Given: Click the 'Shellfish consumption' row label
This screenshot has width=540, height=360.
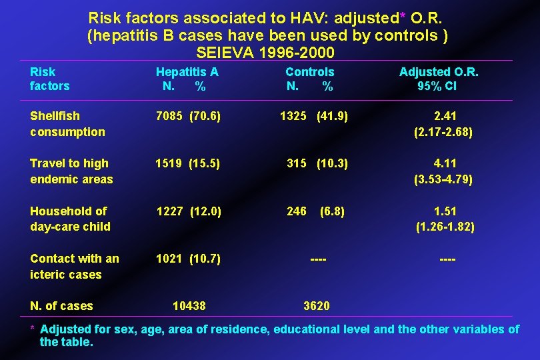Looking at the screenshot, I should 67,124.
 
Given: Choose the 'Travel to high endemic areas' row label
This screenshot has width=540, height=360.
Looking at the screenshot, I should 71,171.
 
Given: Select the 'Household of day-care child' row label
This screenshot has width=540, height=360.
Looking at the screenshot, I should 70,219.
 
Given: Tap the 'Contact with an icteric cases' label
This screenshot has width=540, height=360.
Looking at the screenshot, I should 74,266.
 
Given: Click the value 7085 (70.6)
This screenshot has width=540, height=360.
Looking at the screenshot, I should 189,117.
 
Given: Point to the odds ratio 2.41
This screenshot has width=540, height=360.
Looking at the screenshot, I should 443,117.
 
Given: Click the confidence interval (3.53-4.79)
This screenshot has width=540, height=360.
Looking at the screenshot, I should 443,179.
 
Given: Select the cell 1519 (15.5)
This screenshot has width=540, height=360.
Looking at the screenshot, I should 189,163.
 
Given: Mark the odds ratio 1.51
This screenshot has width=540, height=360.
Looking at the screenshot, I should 445,211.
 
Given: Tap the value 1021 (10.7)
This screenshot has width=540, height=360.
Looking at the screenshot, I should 189,259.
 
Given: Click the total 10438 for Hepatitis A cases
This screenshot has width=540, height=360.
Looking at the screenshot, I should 189,306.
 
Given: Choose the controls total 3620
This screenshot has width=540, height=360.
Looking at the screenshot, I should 316,306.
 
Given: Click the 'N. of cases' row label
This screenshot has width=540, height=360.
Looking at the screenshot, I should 61,306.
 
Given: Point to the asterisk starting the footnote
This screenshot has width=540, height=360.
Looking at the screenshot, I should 33,329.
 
